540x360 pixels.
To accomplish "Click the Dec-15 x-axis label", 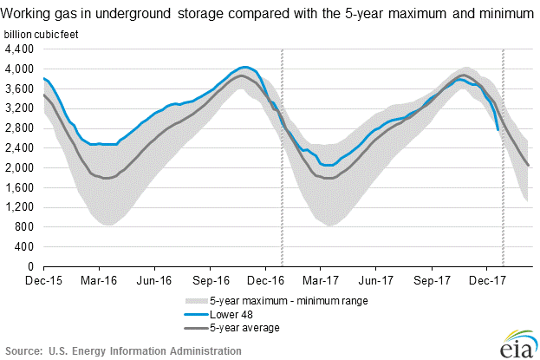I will pos(42,280).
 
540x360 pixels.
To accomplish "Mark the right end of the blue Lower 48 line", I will pos(498,130).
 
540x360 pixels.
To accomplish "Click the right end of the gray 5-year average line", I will pos(529,166).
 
